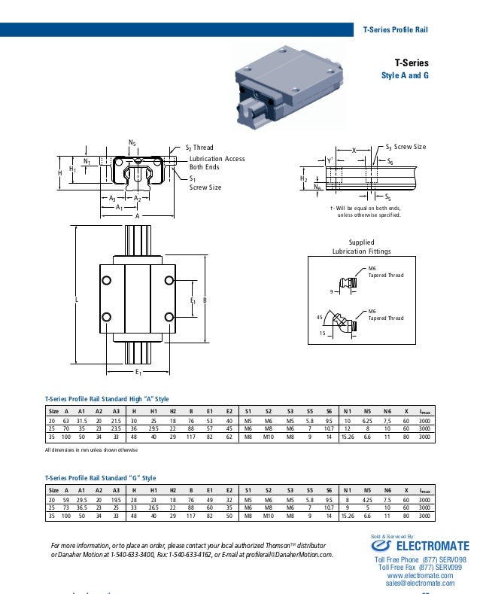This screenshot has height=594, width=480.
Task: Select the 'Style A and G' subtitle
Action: click(x=405, y=76)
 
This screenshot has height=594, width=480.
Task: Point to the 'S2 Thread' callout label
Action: click(x=199, y=148)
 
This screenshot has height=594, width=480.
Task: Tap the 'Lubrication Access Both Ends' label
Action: click(x=217, y=163)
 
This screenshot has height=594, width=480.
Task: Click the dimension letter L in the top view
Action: click(x=76, y=299)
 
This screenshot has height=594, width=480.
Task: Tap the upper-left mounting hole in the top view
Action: click(x=107, y=281)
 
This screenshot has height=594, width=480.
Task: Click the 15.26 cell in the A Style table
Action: click(x=347, y=436)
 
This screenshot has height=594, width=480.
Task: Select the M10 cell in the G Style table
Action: click(x=269, y=516)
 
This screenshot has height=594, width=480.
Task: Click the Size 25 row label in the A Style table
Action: click(x=52, y=428)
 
